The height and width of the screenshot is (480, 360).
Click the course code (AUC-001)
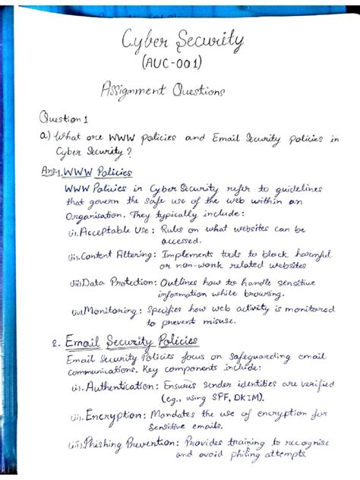[x=177, y=61]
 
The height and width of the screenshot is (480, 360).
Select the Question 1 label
[x=64, y=118]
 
